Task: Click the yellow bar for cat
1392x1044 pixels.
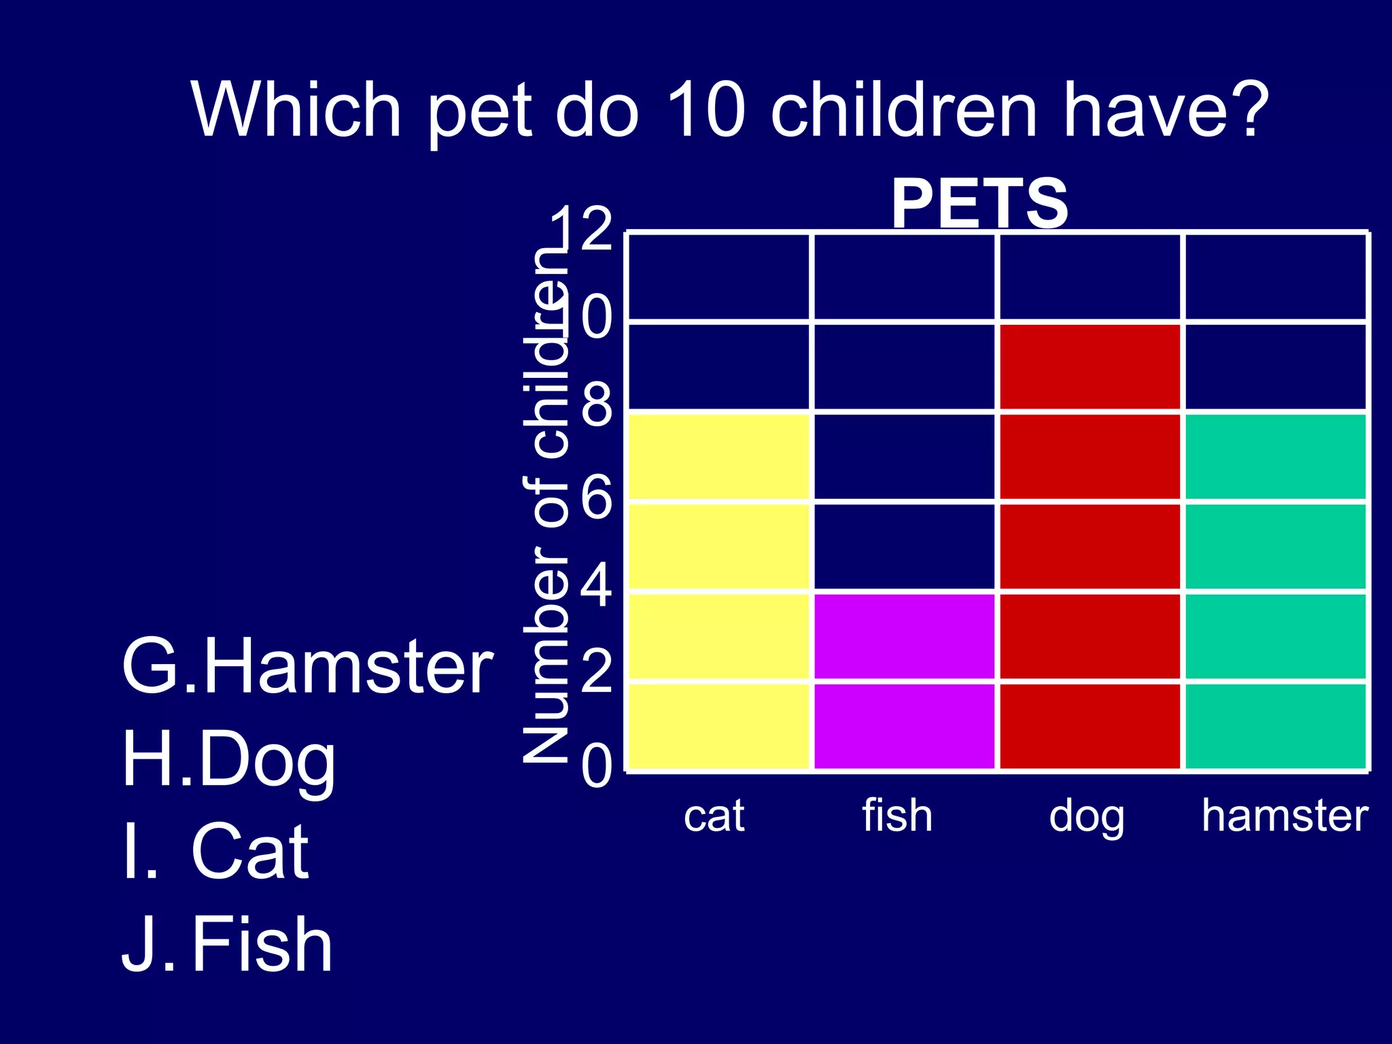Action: tap(718, 591)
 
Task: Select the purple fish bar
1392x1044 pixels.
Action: tap(905, 681)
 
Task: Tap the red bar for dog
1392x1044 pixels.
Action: tap(1090, 547)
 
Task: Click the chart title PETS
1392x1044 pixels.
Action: tap(979, 203)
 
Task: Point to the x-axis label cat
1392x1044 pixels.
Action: tap(714, 816)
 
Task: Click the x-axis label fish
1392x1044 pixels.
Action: tap(897, 816)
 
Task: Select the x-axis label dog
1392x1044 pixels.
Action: tap(1086, 817)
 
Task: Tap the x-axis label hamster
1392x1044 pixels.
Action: tap(1285, 816)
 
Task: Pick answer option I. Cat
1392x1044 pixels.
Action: tap(216, 851)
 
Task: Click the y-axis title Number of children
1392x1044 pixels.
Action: tap(545, 503)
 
